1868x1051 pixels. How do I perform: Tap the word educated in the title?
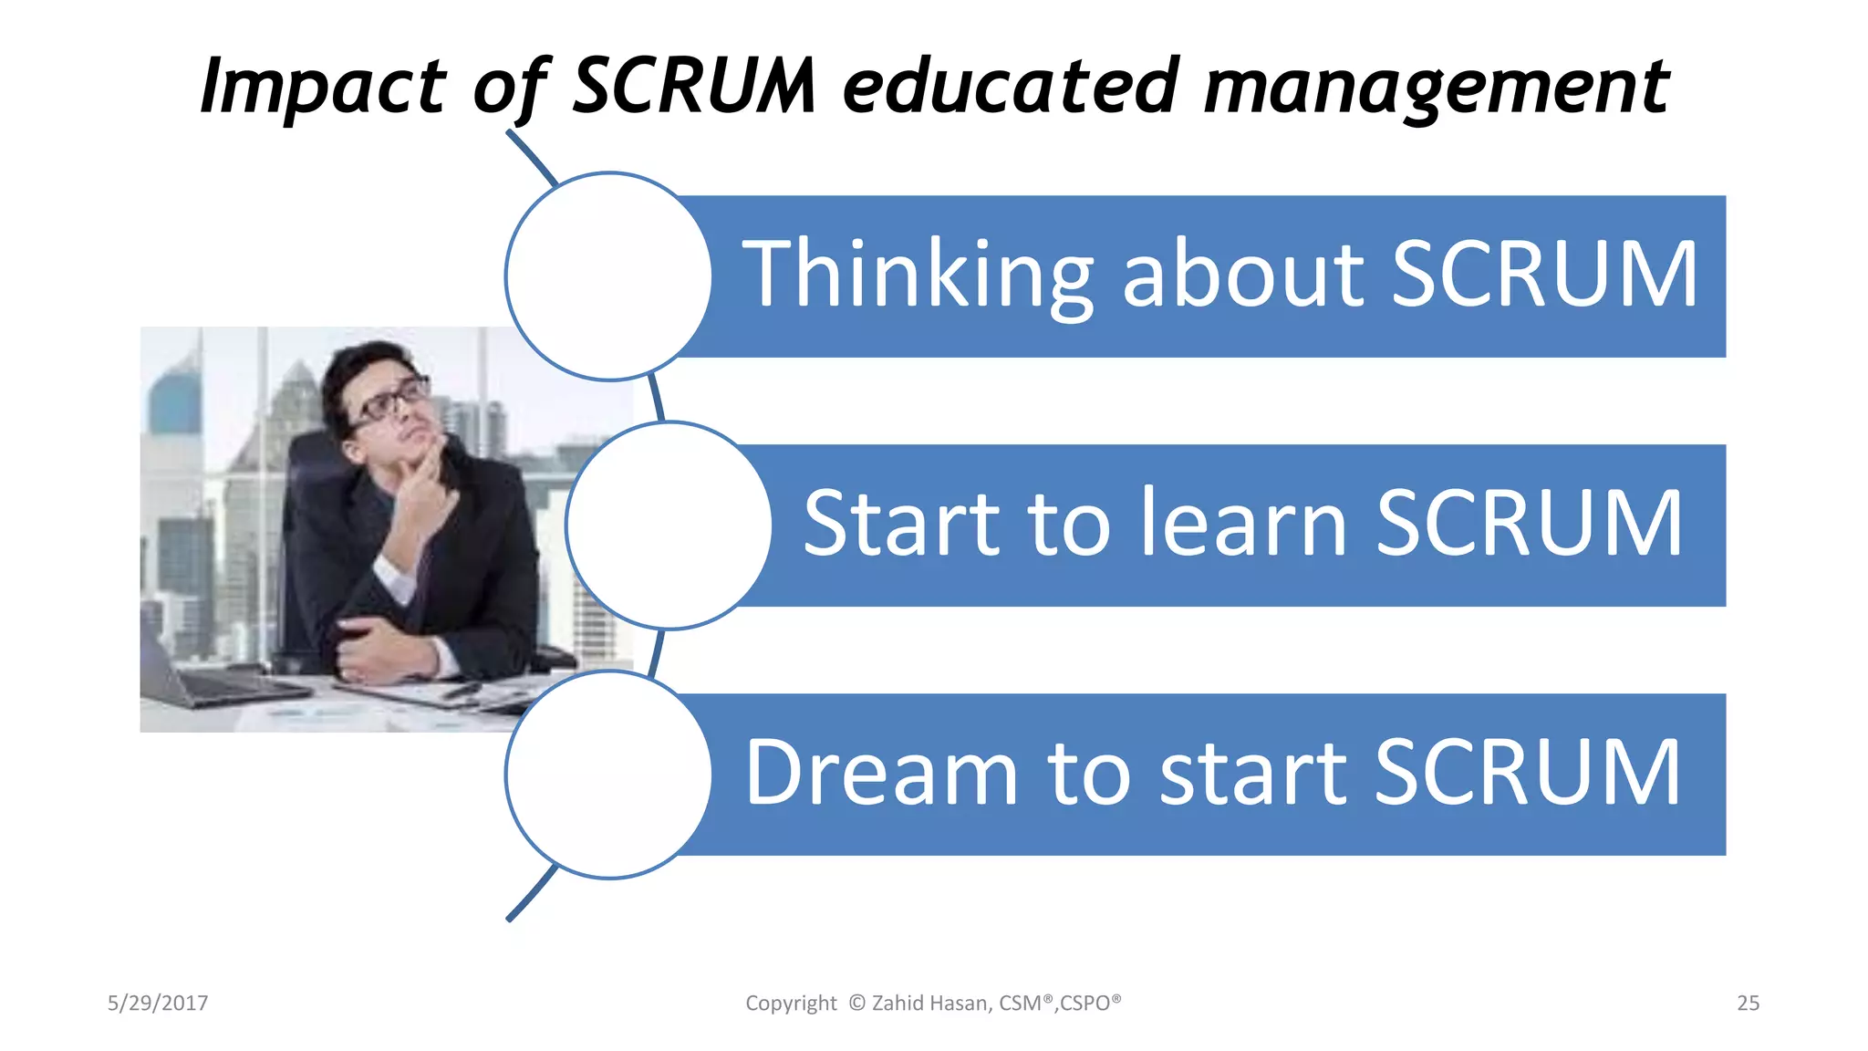tap(1012, 87)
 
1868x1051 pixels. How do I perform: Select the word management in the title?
tap(1436, 87)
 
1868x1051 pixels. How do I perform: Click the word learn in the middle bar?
tap(1244, 524)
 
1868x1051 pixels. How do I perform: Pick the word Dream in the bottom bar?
tap(881, 773)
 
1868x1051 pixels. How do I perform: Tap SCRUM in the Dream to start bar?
tap(1527, 773)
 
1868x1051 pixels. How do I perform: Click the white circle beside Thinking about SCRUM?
tap(608, 276)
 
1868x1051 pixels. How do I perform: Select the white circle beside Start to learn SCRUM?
tap(669, 525)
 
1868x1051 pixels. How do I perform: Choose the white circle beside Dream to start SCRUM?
tap(608, 775)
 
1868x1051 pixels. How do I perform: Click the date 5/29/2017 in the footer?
tap(158, 1004)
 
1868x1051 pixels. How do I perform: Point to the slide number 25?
tap(1748, 1004)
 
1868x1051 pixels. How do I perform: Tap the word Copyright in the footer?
tap(791, 1004)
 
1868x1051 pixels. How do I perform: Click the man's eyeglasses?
tap(390, 401)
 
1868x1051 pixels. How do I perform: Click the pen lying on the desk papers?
tap(461, 691)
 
